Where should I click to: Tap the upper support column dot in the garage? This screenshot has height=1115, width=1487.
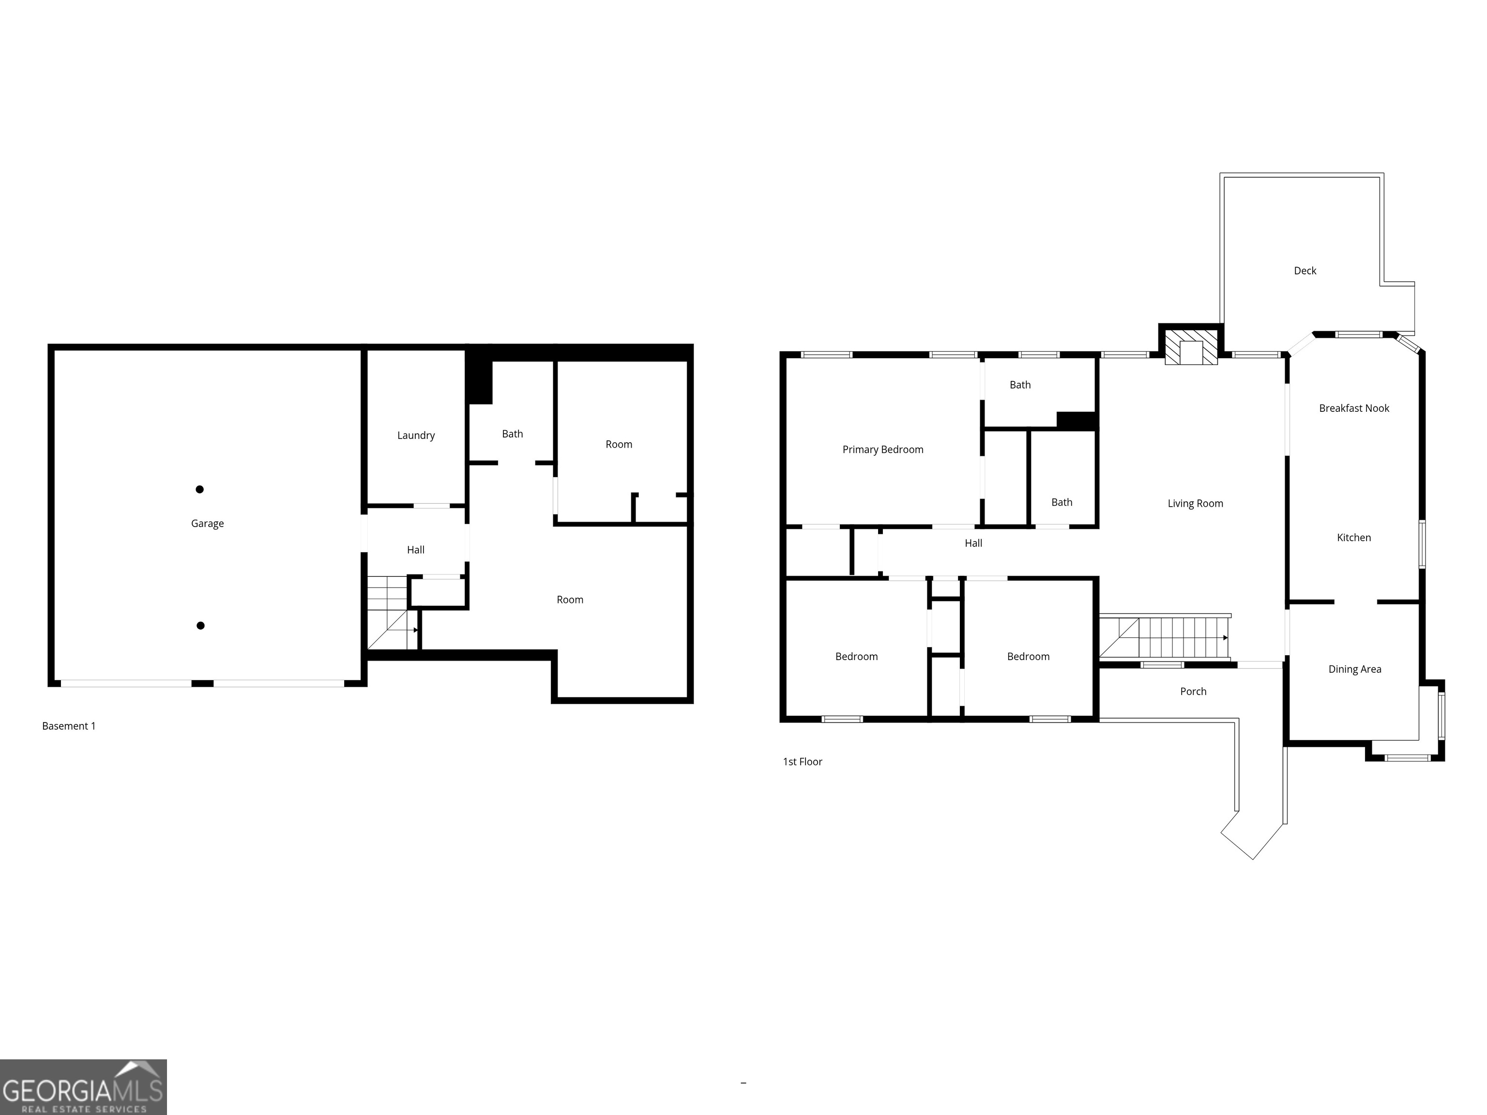(x=199, y=489)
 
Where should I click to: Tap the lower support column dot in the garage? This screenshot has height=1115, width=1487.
(x=200, y=626)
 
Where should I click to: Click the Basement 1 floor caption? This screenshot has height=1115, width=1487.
(x=69, y=726)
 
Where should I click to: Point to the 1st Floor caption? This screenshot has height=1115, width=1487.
(x=802, y=761)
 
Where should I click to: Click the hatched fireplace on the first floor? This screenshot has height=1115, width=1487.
(x=1191, y=346)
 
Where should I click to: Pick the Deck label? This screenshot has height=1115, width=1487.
(x=1305, y=271)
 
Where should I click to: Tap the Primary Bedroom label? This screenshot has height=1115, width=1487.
(x=882, y=450)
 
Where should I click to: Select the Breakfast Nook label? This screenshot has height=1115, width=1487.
(x=1354, y=408)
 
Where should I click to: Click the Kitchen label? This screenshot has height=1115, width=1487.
(x=1353, y=538)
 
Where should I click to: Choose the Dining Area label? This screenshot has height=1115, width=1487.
(x=1354, y=669)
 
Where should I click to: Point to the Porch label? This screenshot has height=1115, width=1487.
(x=1193, y=691)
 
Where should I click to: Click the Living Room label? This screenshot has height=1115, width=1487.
(x=1195, y=503)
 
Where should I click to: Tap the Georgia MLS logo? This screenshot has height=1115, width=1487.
(x=83, y=1087)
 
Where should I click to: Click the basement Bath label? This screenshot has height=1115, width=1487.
(x=512, y=434)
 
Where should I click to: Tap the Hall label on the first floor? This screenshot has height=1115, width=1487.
(x=973, y=543)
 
